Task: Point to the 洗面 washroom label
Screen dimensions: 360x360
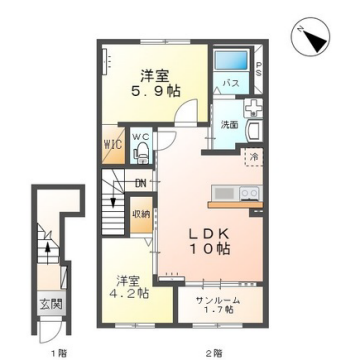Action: point(228,126)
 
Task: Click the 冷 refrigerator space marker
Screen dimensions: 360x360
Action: point(254,157)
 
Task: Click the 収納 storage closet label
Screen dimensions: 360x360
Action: point(141,213)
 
